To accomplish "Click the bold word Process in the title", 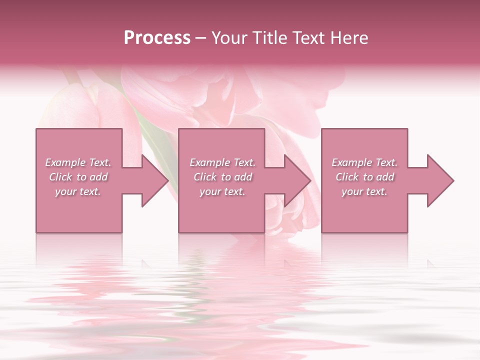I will (x=157, y=38).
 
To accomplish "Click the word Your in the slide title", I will (x=230, y=38).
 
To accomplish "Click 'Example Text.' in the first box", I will (x=78, y=162).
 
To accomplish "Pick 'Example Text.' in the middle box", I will (x=222, y=162).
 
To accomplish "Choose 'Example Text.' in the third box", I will (x=364, y=162).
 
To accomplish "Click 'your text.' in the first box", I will (x=78, y=191).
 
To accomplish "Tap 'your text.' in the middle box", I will (x=222, y=191).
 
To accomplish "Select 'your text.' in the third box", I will (x=364, y=191).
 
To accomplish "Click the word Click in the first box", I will (x=60, y=177).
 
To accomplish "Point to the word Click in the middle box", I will (x=205, y=177).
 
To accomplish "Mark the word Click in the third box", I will (x=347, y=177).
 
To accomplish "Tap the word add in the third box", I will (x=385, y=177).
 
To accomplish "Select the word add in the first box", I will (x=99, y=177).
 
